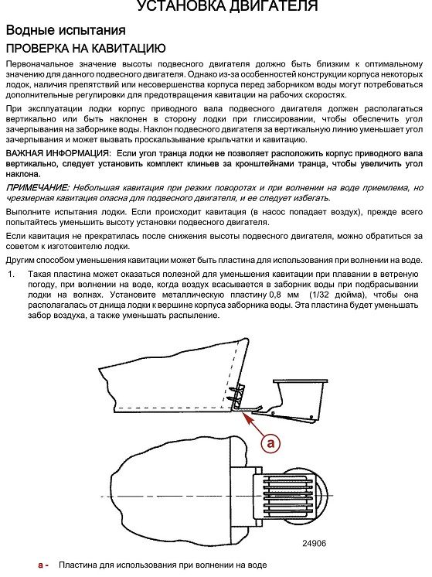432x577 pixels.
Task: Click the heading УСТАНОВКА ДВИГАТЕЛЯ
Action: (227, 5)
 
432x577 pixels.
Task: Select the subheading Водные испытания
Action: (66, 30)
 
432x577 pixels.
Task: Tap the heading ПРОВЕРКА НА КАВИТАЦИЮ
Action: (86, 48)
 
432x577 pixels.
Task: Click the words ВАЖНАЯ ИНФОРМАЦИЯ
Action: (57, 153)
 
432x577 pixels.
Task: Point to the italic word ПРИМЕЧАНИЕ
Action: (38, 188)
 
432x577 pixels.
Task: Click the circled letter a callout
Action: (271, 442)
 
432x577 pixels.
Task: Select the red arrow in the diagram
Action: (253, 425)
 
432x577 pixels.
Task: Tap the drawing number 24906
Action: (315, 543)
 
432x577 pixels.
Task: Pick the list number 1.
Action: (12, 274)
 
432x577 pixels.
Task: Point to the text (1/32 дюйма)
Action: (338, 295)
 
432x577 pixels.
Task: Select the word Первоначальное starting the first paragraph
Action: (39, 64)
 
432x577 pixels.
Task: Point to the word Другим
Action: (22, 261)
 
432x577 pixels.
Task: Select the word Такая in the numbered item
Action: (39, 274)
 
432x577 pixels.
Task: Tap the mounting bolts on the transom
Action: (231, 394)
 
